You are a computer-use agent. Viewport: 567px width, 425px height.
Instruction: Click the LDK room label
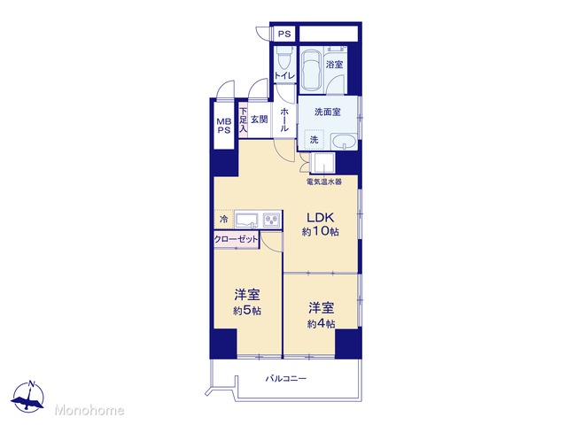point(320,218)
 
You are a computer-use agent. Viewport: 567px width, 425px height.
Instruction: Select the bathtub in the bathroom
point(311,72)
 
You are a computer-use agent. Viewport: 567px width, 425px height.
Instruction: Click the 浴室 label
point(335,65)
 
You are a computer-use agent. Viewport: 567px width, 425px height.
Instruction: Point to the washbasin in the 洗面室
point(344,142)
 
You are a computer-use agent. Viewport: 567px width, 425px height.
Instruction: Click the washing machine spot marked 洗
point(314,139)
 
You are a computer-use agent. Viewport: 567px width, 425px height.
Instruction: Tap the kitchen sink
point(247,220)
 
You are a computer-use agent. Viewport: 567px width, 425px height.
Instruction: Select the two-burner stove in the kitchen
point(272,220)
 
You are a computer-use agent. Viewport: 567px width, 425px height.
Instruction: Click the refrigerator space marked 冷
point(224,219)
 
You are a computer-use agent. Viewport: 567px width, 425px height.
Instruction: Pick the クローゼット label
point(237,239)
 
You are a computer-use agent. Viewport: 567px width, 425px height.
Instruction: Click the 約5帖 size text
point(247,311)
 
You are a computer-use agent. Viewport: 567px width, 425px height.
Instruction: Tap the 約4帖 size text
point(321,324)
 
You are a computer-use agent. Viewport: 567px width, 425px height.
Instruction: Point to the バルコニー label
point(286,378)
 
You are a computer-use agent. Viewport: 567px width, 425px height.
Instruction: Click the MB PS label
point(224,126)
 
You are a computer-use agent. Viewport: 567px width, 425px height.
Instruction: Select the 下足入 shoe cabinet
point(244,120)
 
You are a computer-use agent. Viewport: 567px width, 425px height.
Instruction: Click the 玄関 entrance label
point(260,119)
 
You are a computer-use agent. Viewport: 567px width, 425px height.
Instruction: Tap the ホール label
point(284,120)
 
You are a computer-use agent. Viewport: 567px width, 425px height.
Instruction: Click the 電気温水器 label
point(324,182)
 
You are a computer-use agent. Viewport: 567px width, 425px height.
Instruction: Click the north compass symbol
point(28,396)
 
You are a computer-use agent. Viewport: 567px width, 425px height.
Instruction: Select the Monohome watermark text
point(89,410)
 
